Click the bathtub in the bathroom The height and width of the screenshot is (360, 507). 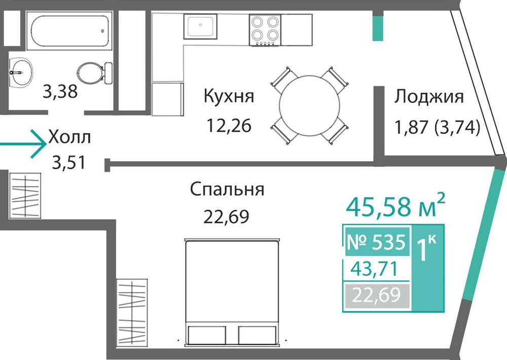pos(69,31)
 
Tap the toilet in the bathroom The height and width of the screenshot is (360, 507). pos(94,73)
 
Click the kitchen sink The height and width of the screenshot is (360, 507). pos(200,26)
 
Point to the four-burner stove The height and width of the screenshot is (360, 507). pos(265,30)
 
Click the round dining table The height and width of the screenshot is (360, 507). pos(309,106)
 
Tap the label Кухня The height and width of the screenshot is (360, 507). pos(229,96)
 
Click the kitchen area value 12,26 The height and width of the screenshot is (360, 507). pos(229,126)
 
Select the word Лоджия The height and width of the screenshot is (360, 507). pos(429,97)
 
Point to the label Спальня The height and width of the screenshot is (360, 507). pos(227,190)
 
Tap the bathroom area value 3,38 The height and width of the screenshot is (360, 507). pos(60,92)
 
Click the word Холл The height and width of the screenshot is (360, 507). pos(69,137)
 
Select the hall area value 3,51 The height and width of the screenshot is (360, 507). pos(69,163)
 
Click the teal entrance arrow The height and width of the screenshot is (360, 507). pos(23,144)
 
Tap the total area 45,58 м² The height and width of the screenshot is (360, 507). pos(395,206)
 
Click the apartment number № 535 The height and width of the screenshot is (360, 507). pos(376,242)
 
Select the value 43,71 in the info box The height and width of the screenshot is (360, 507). pos(375,269)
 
